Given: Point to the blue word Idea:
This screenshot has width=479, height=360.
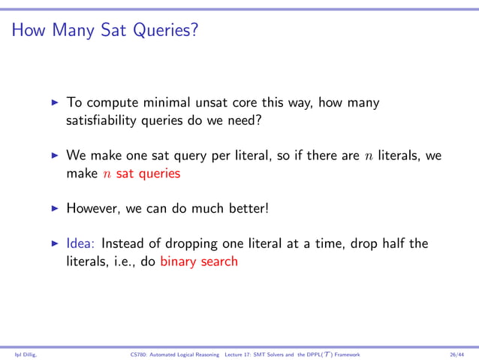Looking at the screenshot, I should (81, 244).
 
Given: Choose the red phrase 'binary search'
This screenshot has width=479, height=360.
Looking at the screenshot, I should (198, 262).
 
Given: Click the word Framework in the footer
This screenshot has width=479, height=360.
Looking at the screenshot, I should (345, 353).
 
